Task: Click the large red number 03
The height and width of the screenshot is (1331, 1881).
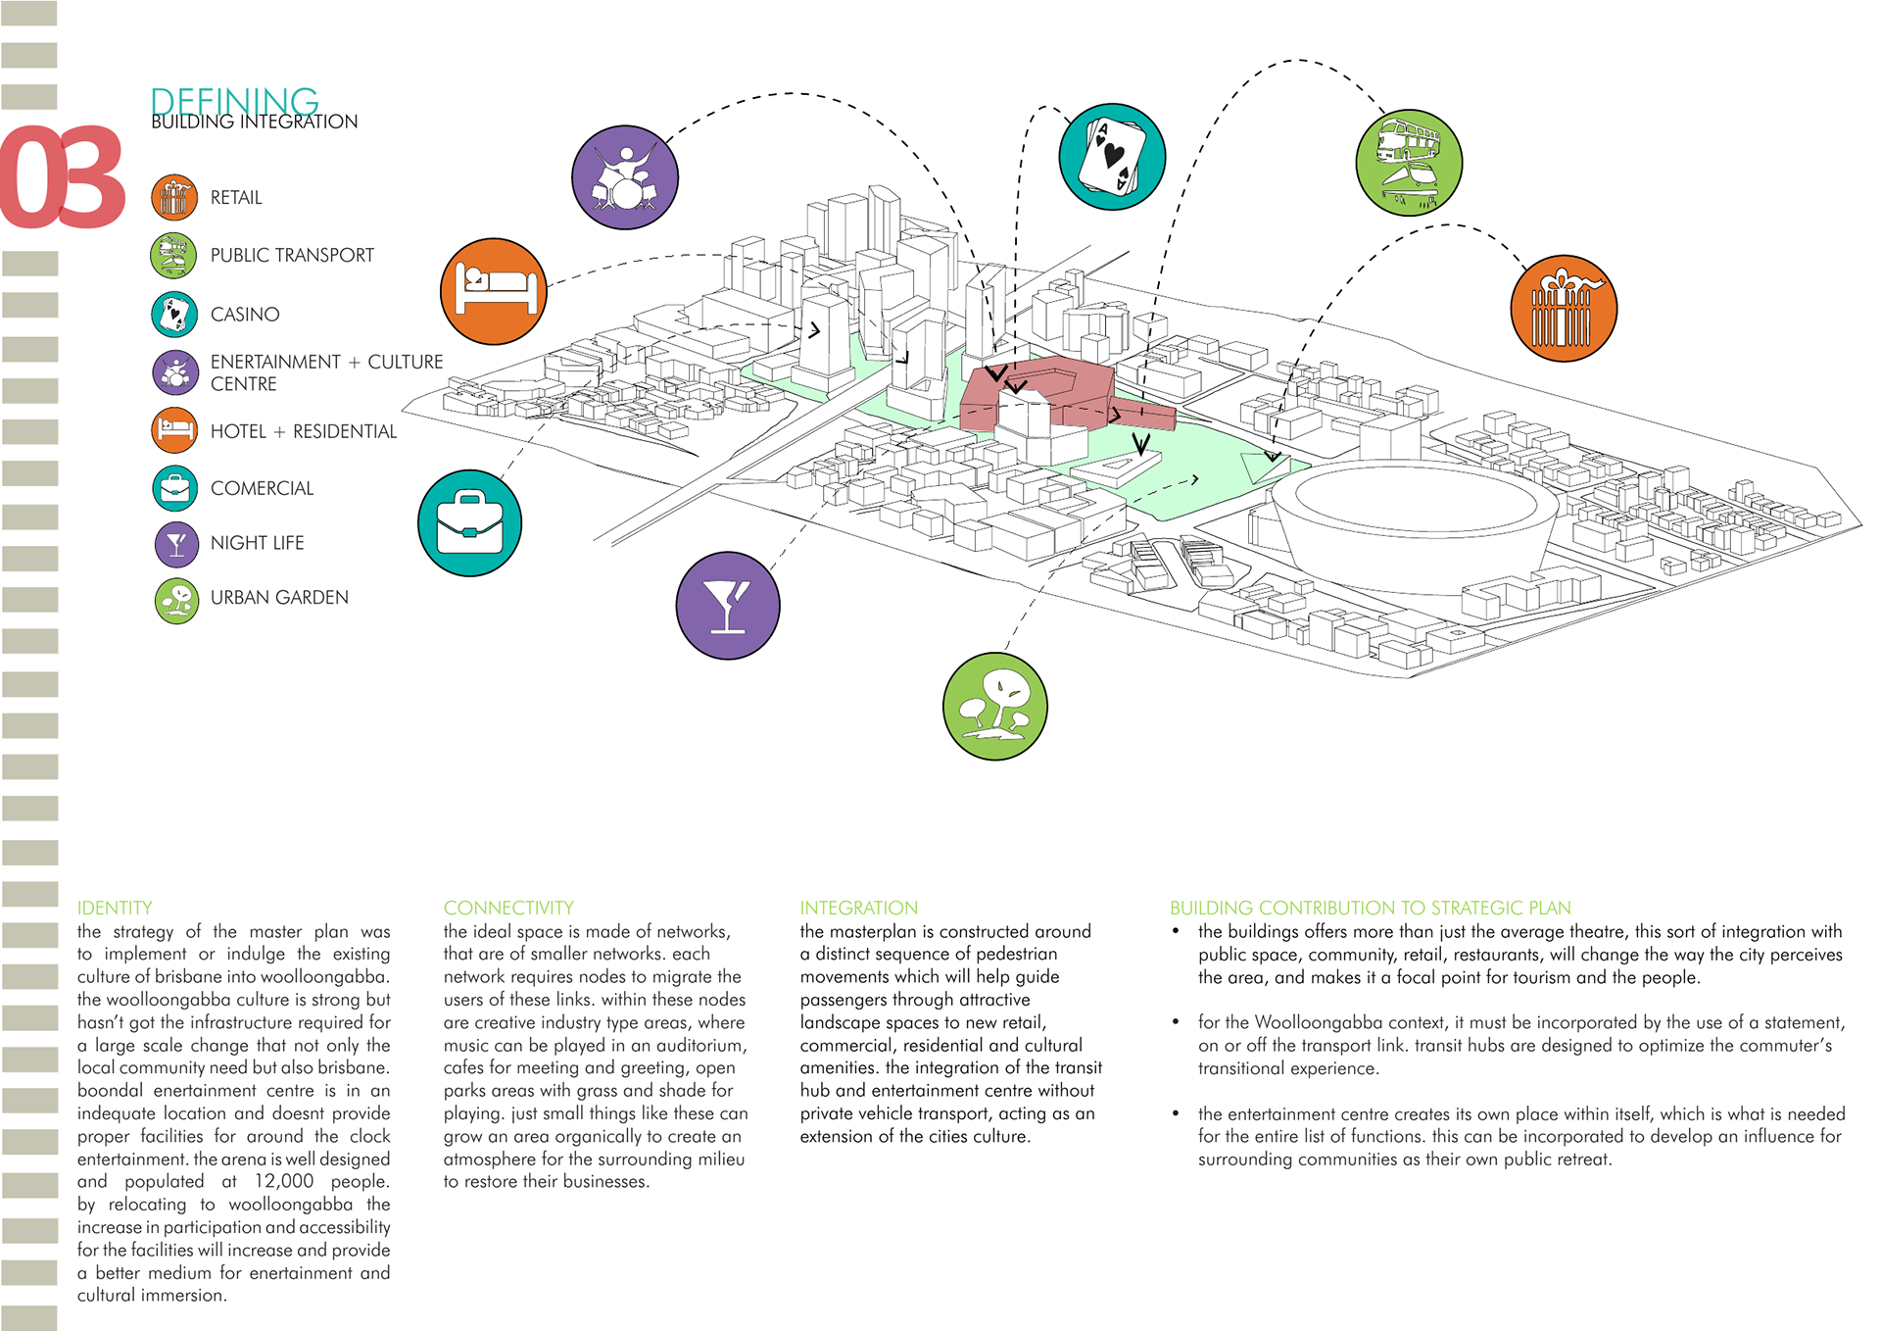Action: click(x=63, y=177)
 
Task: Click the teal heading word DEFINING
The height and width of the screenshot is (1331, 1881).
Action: click(x=235, y=101)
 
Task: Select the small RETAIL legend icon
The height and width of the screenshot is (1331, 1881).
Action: click(x=174, y=197)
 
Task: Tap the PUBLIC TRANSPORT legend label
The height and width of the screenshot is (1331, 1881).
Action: click(x=292, y=256)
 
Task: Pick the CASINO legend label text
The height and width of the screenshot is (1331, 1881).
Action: click(x=245, y=315)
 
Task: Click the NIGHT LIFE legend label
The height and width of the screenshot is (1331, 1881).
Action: click(x=257, y=543)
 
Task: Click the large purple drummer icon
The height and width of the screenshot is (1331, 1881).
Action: click(x=625, y=177)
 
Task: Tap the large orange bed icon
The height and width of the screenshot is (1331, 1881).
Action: click(x=494, y=291)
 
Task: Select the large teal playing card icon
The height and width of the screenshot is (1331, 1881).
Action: click(x=1112, y=157)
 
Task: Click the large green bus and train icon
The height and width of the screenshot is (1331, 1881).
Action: click(x=1409, y=163)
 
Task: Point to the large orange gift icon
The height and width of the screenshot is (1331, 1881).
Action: click(x=1564, y=309)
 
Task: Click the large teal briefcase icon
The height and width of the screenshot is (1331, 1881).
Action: click(x=469, y=523)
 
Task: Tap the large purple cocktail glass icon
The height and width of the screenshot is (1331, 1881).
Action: click(x=728, y=606)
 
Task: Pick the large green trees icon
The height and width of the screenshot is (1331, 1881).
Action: click(x=994, y=706)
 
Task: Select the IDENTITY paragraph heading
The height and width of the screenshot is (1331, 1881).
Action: click(x=115, y=908)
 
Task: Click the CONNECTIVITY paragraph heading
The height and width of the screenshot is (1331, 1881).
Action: click(x=508, y=908)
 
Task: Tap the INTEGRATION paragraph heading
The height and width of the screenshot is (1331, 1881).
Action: click(x=859, y=908)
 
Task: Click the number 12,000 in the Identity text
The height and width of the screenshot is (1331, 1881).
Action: click(x=284, y=1182)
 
